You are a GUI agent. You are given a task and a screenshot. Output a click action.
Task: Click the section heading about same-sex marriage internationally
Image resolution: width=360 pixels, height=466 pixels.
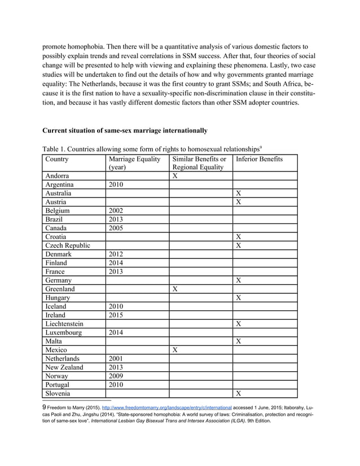point(125,131)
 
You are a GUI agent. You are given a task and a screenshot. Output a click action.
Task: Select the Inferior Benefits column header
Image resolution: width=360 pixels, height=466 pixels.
point(260,159)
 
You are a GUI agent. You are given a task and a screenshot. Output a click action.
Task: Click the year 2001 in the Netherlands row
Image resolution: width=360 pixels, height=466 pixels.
point(119,358)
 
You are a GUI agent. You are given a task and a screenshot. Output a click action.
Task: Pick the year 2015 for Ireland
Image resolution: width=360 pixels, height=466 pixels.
point(119,315)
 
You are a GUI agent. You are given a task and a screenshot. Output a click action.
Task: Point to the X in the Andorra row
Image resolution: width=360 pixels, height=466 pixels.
point(175,176)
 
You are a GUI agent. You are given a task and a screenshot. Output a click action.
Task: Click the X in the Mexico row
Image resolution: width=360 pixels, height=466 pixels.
point(175,350)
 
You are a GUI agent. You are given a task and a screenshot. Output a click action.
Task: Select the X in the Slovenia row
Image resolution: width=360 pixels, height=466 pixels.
point(239,393)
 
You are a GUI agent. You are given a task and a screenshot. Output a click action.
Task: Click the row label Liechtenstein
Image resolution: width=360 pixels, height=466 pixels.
point(65,324)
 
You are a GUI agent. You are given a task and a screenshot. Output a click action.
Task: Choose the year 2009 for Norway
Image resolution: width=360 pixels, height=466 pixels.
point(119,376)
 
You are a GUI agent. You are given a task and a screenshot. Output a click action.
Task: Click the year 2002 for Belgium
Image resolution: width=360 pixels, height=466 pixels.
point(119,210)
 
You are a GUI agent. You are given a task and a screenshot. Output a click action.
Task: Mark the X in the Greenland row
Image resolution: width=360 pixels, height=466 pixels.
point(175,289)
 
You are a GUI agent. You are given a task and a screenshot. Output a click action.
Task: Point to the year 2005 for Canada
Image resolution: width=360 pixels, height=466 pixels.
point(119,228)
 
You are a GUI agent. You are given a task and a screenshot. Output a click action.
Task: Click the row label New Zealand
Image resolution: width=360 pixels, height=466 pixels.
point(64,367)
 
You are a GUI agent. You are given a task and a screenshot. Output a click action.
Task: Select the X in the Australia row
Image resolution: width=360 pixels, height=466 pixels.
point(239,193)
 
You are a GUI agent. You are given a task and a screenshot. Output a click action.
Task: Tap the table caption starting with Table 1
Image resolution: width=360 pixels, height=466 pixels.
point(151,148)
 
